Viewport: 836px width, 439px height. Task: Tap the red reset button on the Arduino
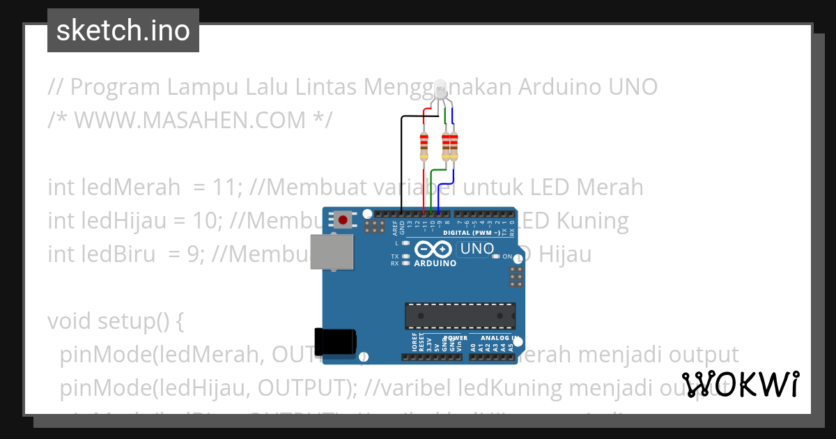pos(343,220)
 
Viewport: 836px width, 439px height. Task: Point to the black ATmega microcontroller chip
pos(460,315)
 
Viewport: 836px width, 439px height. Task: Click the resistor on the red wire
pos(424,146)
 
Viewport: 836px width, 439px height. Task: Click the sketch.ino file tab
pos(123,31)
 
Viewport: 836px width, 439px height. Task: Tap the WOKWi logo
pos(740,385)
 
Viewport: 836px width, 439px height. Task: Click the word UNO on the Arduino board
pos(477,249)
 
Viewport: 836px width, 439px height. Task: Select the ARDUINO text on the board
pos(435,264)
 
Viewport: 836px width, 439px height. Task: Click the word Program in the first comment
pos(114,87)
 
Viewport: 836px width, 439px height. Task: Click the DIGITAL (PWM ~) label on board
pos(472,233)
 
